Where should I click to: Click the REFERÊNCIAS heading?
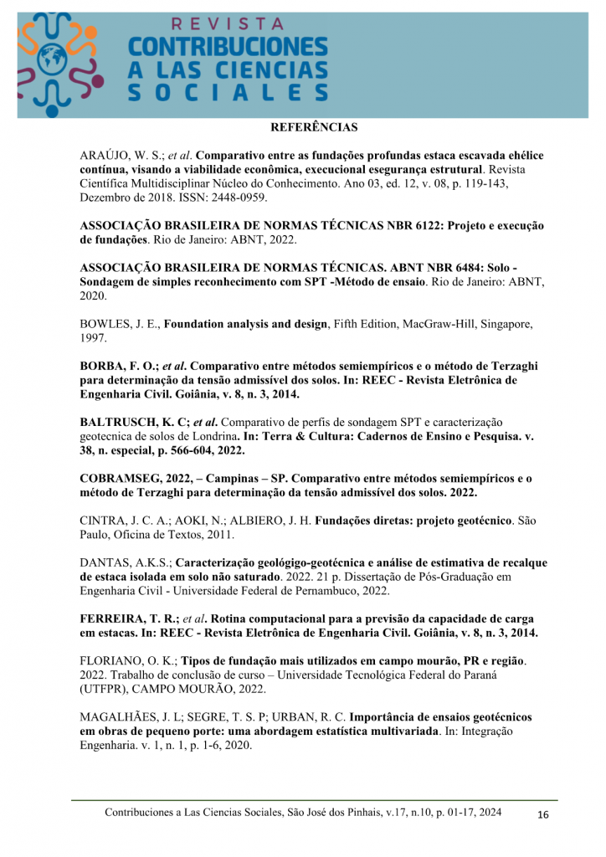tap(314, 128)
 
